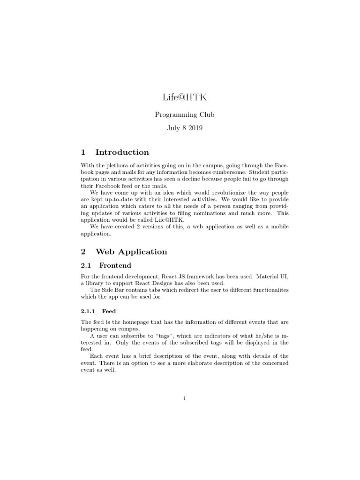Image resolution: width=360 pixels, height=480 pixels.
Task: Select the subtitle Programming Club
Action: point(180,115)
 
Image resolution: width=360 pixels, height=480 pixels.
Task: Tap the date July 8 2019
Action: point(180,127)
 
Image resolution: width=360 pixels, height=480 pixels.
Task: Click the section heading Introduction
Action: point(122,152)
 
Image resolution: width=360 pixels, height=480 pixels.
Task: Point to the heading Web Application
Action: point(131,252)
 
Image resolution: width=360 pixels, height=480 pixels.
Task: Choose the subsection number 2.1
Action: point(87,265)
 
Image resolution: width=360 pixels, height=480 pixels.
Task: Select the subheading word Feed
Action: point(109,311)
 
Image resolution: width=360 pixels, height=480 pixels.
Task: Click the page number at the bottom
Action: point(185,399)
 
